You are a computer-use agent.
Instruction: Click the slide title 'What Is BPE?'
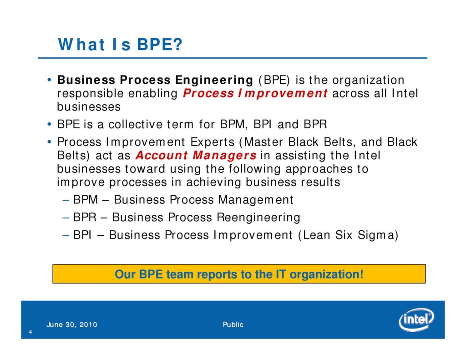point(120,45)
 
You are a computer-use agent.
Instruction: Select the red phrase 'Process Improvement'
point(255,93)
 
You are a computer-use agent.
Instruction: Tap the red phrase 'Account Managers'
point(196,156)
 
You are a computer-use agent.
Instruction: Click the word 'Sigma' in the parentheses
point(379,235)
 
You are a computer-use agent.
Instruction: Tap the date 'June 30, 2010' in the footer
point(71,325)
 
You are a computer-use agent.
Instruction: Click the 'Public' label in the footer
point(233,325)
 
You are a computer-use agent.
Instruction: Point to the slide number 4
point(30,332)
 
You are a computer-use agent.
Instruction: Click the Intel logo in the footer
point(416,320)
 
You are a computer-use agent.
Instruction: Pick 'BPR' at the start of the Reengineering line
point(82,218)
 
